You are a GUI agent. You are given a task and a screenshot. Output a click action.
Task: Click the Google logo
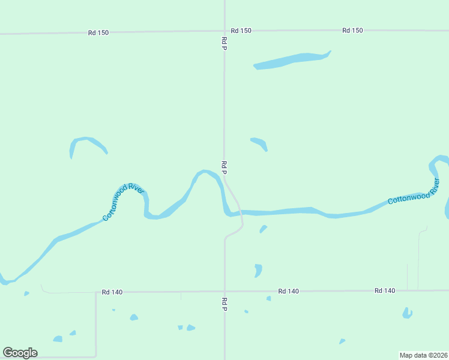pos(20,353)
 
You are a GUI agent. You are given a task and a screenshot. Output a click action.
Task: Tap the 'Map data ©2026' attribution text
pos(423,355)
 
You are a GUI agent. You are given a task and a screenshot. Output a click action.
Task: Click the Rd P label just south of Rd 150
pos(224,43)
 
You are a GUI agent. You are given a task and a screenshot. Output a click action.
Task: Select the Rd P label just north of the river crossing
pos(224,167)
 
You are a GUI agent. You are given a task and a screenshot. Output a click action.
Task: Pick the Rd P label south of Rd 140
pos(224,304)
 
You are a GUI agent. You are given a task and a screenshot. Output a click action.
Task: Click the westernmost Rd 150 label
pos(98,32)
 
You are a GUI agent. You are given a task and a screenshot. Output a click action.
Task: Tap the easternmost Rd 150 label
pos(353,30)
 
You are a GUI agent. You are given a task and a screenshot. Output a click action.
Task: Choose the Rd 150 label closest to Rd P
pos(241,30)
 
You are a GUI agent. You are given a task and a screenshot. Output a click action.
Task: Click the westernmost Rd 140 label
pos(112,292)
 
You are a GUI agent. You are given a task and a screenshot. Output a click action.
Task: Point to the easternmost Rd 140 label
pos(385,290)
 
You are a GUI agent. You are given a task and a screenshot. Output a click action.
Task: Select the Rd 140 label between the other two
pos(289,291)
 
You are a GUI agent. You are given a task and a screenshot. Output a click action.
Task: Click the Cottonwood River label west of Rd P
pos(124,203)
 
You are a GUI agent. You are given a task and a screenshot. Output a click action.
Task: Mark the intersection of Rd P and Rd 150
pos(224,31)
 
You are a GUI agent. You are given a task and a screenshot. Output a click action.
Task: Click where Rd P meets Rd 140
pos(224,292)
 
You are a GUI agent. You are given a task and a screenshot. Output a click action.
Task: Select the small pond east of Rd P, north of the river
pos(259,143)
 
